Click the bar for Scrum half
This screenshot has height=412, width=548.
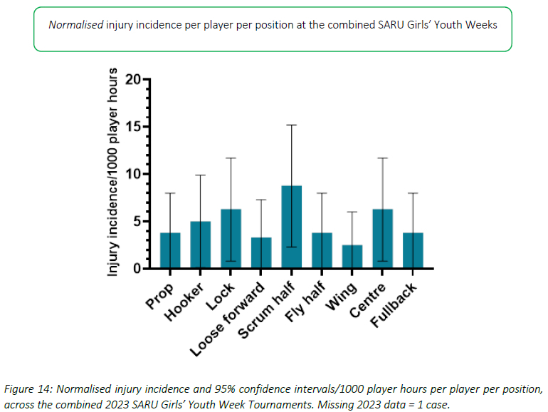point(292,227)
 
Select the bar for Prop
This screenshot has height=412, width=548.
point(170,251)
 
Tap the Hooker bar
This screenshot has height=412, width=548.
point(201,245)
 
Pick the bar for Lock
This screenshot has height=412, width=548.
point(231,239)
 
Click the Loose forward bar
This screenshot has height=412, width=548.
point(261,253)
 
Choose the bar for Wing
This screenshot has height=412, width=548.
point(352,257)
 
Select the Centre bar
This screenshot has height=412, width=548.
point(383,239)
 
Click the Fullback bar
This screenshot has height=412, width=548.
point(413,251)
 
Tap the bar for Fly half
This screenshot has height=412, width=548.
point(322,251)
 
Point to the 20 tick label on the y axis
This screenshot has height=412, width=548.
point(132,79)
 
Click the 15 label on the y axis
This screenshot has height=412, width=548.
point(132,127)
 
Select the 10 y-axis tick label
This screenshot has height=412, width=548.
point(132,174)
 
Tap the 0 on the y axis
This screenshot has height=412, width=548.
point(136,269)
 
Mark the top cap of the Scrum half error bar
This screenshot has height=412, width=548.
point(292,125)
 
